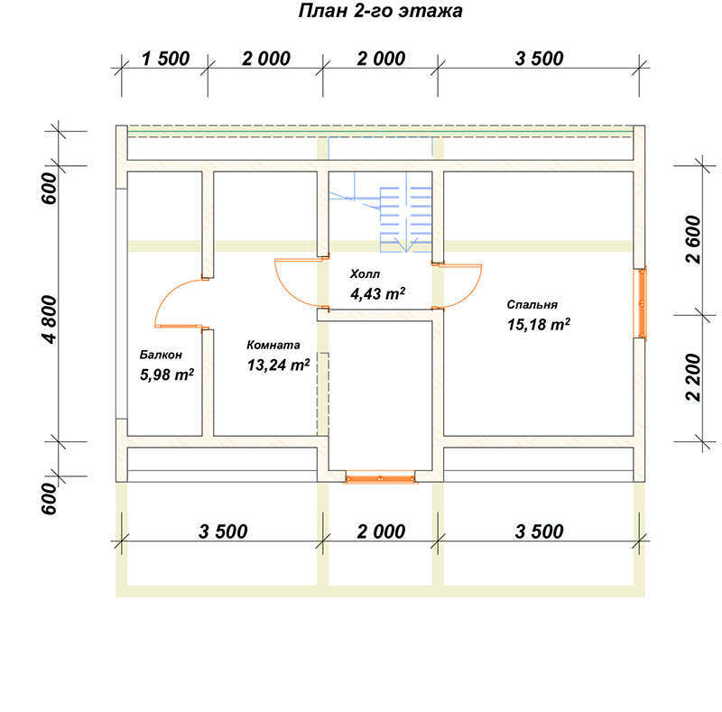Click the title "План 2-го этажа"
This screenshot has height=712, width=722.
pos(380,11)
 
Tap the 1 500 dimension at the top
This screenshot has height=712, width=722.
pos(165,59)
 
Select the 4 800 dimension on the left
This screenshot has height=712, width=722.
pos(50,319)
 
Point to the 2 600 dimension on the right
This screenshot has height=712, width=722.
pos(692,239)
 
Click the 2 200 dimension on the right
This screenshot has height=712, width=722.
pos(692,377)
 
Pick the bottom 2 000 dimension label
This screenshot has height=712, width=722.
pos(381,532)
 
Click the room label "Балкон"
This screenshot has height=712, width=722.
pos(161,355)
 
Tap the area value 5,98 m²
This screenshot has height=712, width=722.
pos(167,374)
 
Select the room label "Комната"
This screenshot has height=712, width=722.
pos(273,345)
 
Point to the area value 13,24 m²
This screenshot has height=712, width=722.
pos(278,365)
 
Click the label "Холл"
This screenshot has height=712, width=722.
pos(365,273)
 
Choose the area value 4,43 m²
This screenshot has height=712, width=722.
pos(377,293)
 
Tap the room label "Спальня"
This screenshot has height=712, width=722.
pos(532,304)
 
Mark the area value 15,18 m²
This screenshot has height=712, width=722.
pos(538,324)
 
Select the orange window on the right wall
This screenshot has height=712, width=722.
pos(641,303)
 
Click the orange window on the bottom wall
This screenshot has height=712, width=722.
pos(380,479)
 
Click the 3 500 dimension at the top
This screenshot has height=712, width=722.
pos(539,59)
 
